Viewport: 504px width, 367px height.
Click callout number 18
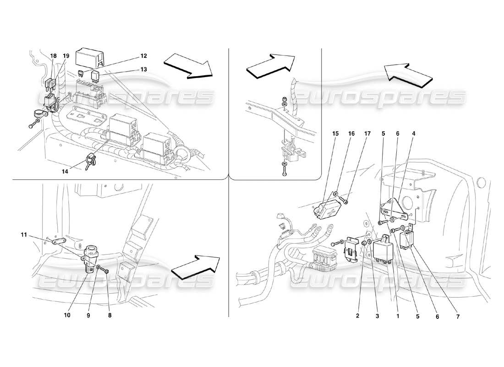[x=54, y=56]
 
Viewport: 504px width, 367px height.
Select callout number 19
[x=66, y=56]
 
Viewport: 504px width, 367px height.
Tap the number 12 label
[x=144, y=56]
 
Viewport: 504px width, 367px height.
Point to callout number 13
[x=144, y=69]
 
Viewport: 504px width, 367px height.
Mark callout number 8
[x=110, y=315]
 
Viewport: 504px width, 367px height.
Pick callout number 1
[x=398, y=317]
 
